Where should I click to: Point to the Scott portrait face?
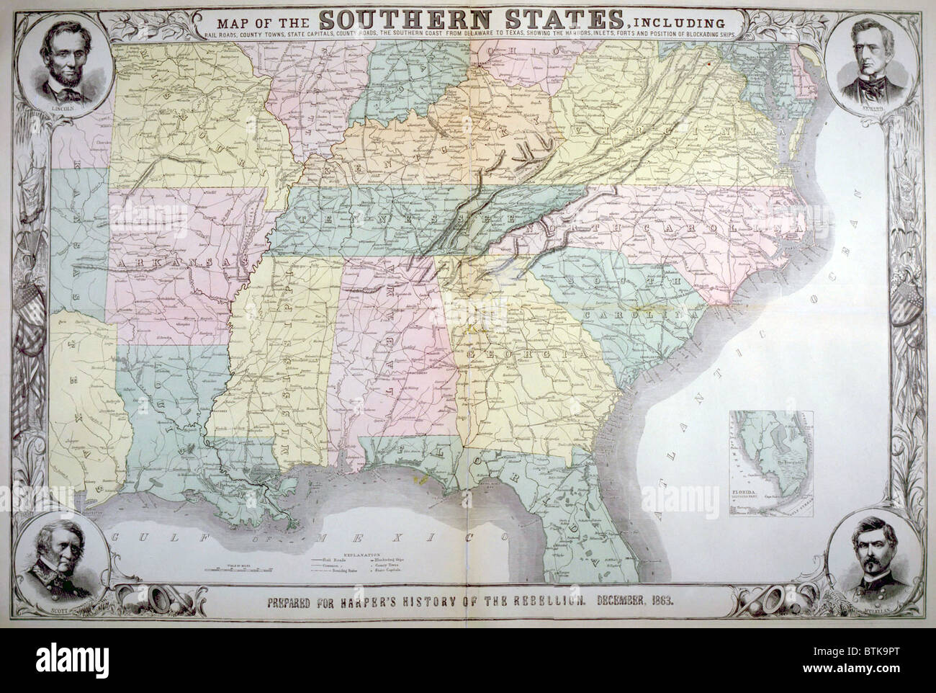coord(55,561)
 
